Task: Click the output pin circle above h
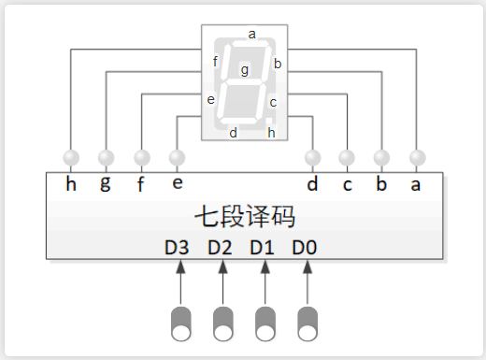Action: point(71,157)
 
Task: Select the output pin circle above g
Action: point(106,157)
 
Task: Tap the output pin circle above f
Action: point(142,157)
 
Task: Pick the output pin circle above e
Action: point(178,157)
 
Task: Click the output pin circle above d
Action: point(312,157)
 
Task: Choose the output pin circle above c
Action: point(347,157)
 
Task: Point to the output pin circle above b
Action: point(381,157)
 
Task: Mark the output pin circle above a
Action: point(417,157)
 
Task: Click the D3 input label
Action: point(177,248)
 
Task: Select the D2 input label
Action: point(220,248)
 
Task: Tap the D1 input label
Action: point(262,248)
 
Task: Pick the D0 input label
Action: point(304,248)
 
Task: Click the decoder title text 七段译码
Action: point(245,217)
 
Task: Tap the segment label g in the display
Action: point(245,69)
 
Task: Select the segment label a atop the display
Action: point(251,34)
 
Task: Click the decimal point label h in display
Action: point(271,132)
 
